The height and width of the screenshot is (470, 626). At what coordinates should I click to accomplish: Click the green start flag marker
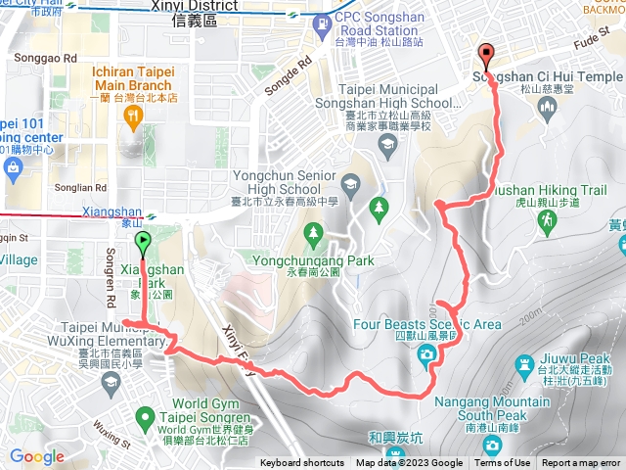(x=143, y=242)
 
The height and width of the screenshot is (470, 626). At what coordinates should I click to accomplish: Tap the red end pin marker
(x=484, y=55)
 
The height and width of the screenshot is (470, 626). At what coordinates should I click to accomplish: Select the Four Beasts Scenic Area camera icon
(x=426, y=353)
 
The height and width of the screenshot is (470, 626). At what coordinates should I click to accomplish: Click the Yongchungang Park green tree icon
(x=313, y=233)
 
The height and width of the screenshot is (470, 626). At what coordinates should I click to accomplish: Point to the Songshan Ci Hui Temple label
(x=548, y=76)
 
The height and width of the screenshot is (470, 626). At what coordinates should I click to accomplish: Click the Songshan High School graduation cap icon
(x=387, y=146)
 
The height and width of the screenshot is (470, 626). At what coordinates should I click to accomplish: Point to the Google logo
(x=36, y=456)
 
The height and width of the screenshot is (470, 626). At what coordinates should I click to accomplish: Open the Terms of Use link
(x=502, y=463)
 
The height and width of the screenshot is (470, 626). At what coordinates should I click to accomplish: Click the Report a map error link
(x=582, y=463)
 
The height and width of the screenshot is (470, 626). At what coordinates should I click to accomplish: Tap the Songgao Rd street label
(x=45, y=59)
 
